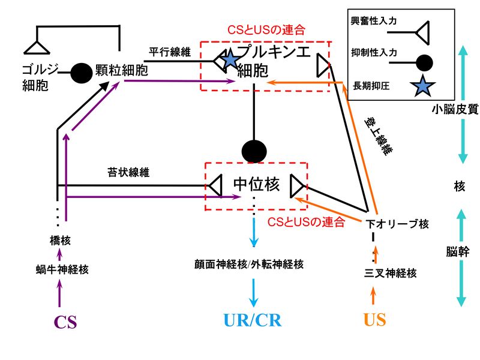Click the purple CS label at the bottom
(65, 322)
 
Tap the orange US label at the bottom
(375, 319)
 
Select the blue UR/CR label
(253, 320)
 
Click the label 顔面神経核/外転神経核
(248, 264)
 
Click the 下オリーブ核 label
(397, 224)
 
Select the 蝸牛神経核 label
(62, 269)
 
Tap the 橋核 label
(60, 241)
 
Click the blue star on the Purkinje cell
(230, 59)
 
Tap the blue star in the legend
(423, 87)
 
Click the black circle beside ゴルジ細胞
(81, 73)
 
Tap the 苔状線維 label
(128, 173)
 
